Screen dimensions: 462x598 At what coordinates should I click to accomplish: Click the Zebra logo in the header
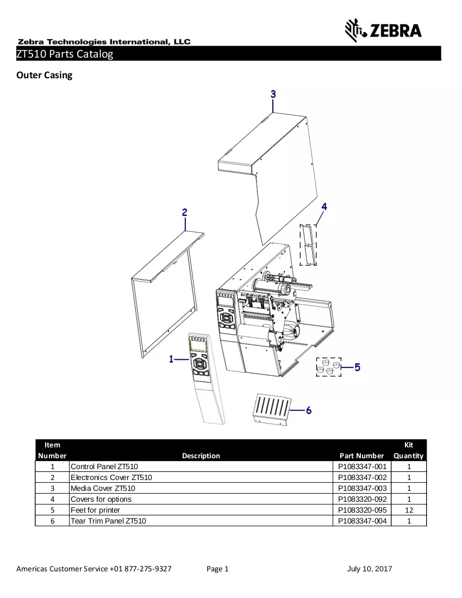tap(383, 30)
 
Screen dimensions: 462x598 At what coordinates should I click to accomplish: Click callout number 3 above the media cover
tap(273, 94)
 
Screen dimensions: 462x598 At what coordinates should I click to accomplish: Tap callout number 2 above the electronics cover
tap(184, 213)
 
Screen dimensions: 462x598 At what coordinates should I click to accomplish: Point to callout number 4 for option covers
tap(324, 207)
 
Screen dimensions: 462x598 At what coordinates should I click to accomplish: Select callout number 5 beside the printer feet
tap(357, 367)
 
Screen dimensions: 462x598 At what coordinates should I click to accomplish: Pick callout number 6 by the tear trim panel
tap(309, 410)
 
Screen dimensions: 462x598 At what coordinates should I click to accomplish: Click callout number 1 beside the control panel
tap(171, 359)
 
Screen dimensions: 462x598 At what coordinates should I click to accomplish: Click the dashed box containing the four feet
tap(329, 367)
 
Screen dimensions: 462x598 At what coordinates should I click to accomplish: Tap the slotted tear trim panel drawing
tap(271, 409)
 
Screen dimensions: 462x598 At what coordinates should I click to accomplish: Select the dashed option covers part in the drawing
tap(308, 245)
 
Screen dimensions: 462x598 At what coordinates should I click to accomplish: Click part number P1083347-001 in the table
tap(362, 466)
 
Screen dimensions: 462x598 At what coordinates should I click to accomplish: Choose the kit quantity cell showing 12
tap(409, 510)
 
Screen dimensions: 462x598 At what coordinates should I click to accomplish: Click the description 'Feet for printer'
tap(95, 510)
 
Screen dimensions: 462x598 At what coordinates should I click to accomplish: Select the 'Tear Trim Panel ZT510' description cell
tap(108, 521)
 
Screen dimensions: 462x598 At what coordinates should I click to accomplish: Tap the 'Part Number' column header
tap(362, 456)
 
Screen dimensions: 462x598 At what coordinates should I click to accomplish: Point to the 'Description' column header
tap(201, 456)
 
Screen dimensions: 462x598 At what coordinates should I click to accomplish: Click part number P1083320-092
tap(362, 499)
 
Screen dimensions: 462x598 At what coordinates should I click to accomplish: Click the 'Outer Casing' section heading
tap(44, 75)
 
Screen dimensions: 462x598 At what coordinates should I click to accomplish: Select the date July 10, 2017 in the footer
tap(370, 569)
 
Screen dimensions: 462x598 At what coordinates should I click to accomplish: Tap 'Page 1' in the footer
tap(217, 569)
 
